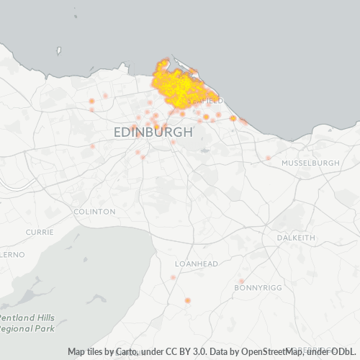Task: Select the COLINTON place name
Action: tap(94, 212)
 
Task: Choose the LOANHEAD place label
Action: tap(196, 264)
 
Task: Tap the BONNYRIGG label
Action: tap(256, 287)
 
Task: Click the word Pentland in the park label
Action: tap(17, 318)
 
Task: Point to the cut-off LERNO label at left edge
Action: tap(12, 255)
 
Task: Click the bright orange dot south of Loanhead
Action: tap(188, 300)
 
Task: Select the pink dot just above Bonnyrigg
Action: tap(242, 281)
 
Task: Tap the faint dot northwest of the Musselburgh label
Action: tap(268, 158)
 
